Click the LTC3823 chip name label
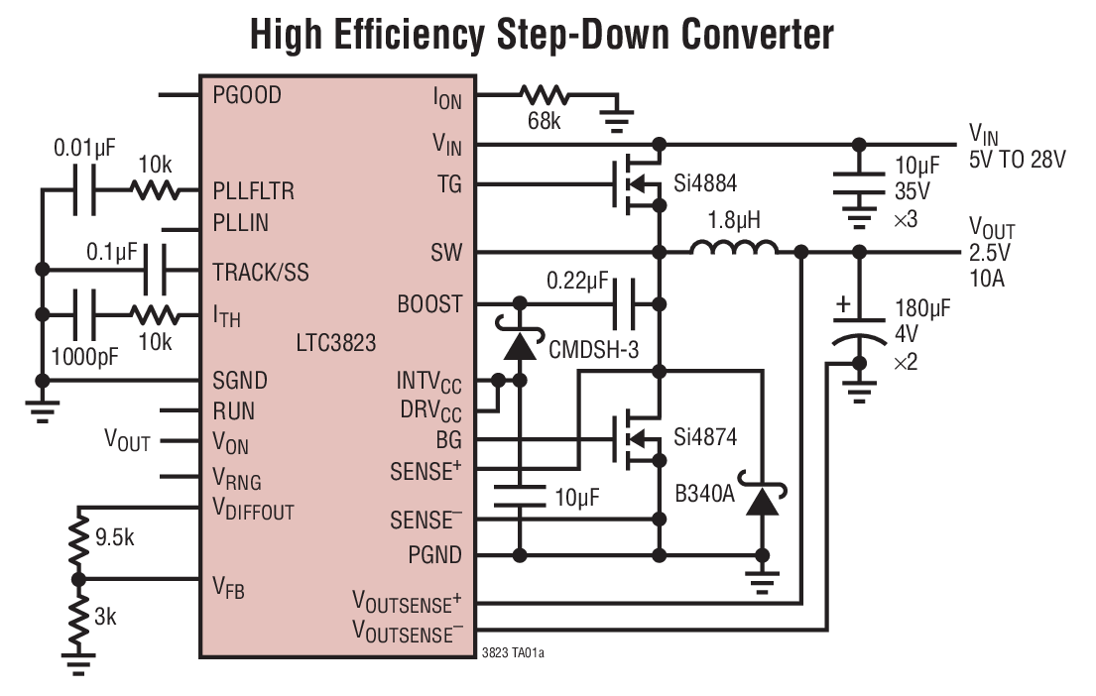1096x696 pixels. (x=335, y=344)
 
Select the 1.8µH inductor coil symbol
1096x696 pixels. (x=734, y=252)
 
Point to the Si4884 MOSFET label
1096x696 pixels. (x=706, y=183)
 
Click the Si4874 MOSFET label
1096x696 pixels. (x=706, y=436)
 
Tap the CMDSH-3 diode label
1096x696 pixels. (x=592, y=349)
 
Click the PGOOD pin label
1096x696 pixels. (x=247, y=95)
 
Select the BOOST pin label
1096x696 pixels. (x=428, y=303)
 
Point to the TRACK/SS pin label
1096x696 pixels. (x=261, y=271)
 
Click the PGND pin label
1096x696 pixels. (x=434, y=554)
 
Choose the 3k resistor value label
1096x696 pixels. (x=106, y=617)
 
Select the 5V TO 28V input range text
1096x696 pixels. (x=1017, y=159)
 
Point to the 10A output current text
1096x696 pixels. (x=986, y=279)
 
